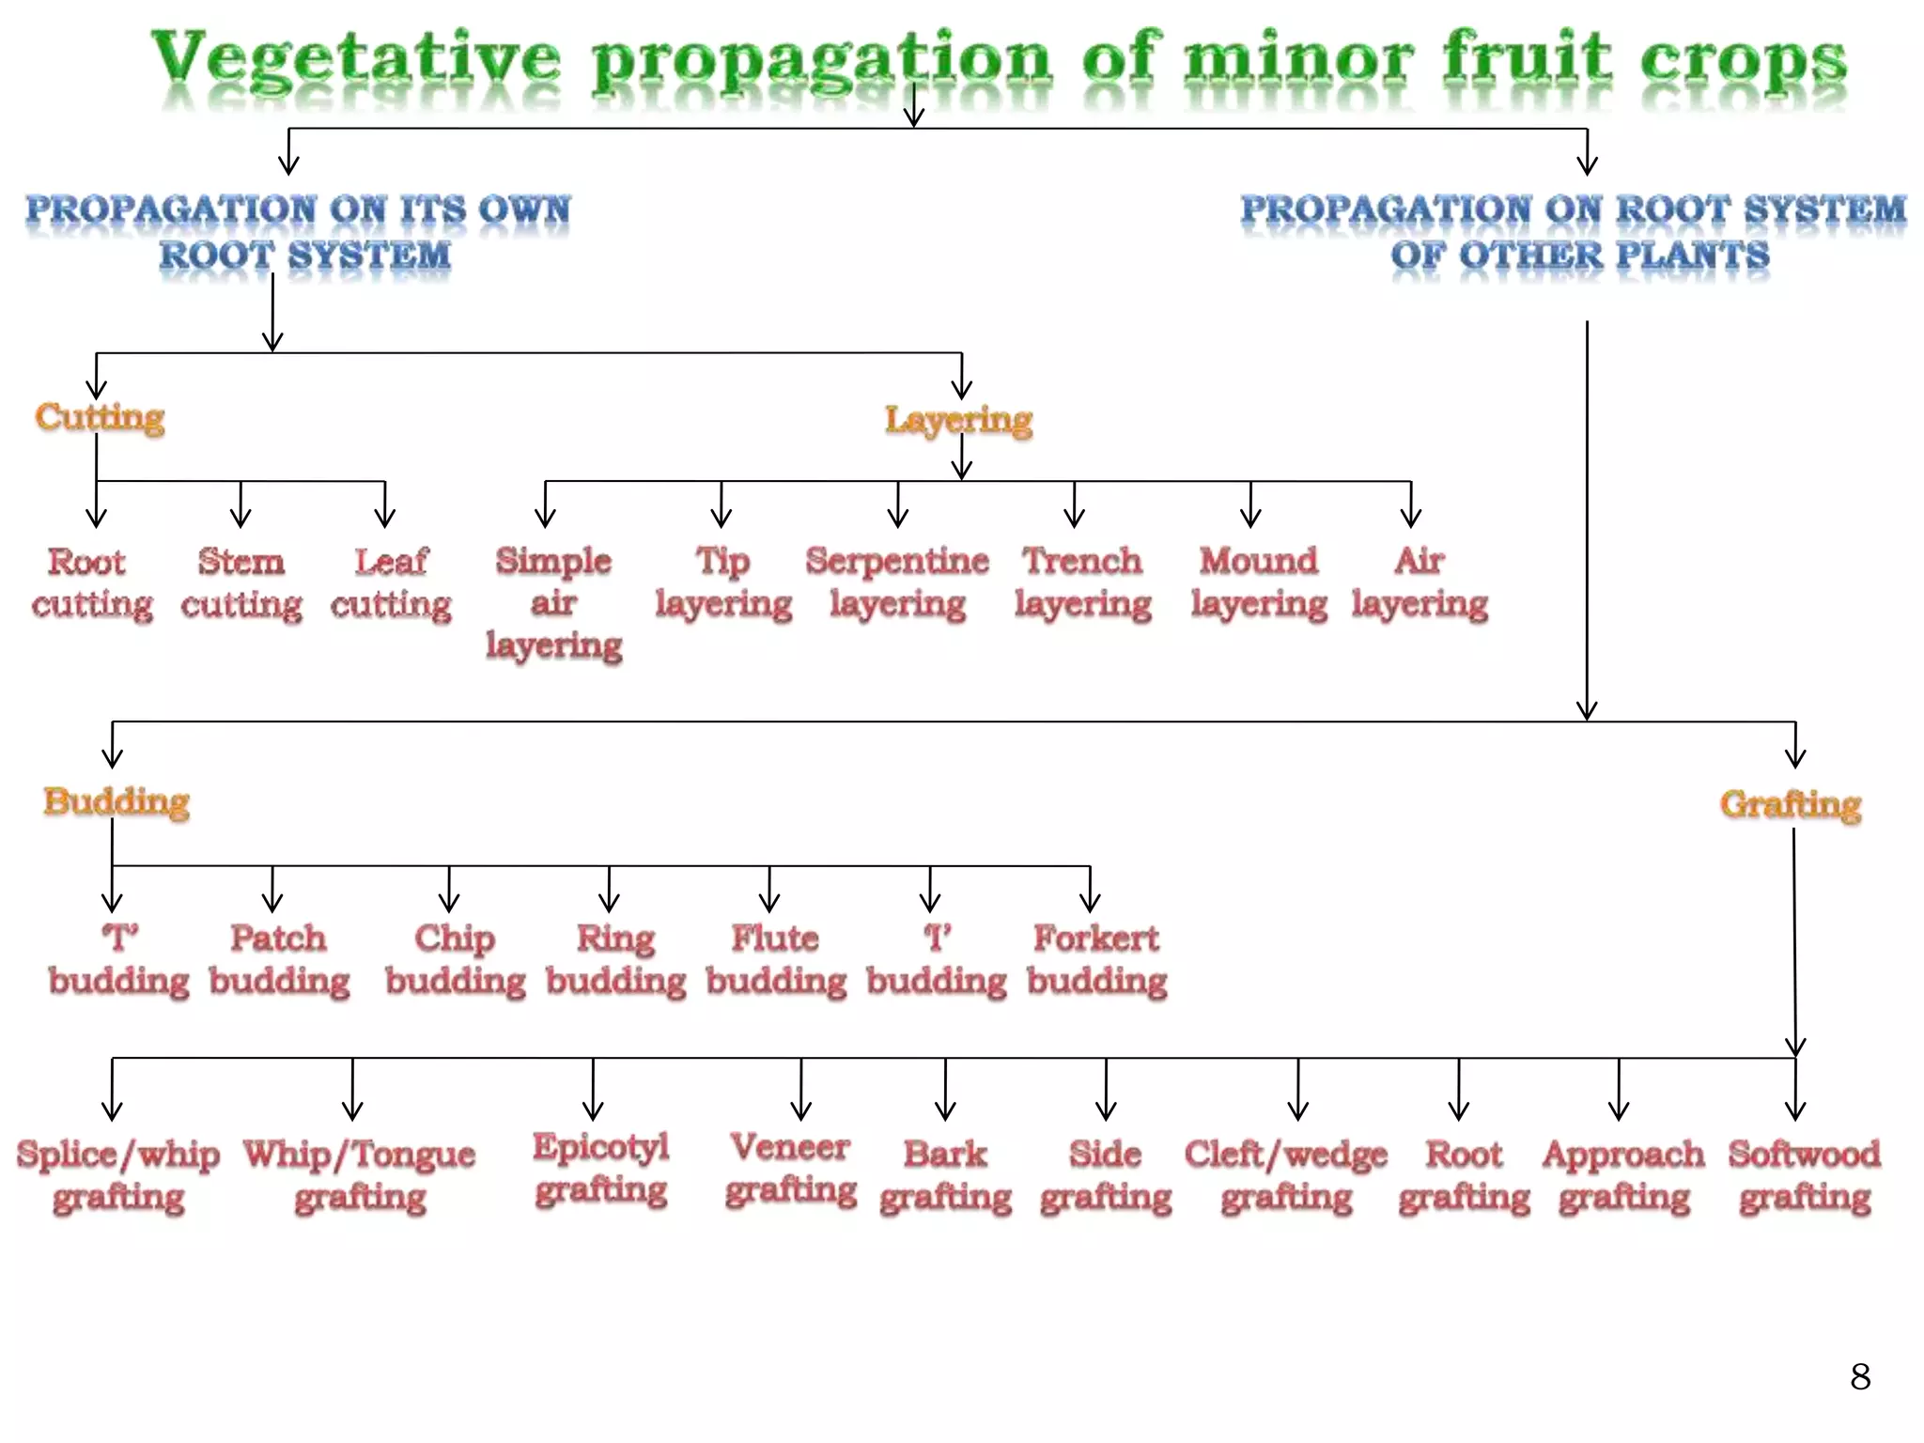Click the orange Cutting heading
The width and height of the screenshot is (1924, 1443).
[x=100, y=416]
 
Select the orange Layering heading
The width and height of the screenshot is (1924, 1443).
[x=958, y=419]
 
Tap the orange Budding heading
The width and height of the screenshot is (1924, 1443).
[x=116, y=801]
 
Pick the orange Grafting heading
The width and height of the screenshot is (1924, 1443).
[x=1791, y=804]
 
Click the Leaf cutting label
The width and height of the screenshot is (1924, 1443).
[x=391, y=582]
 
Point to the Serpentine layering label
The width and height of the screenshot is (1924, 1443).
[x=897, y=582]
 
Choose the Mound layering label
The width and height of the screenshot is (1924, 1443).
[x=1259, y=582]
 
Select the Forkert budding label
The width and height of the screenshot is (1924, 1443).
[x=1096, y=959]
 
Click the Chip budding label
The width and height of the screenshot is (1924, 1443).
[x=456, y=959]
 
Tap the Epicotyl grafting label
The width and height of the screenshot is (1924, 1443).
[x=601, y=1168]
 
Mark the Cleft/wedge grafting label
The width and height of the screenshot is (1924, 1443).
[x=1286, y=1175]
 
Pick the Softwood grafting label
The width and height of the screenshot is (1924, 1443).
[x=1805, y=1175]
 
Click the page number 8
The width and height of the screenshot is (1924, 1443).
[x=1860, y=1377]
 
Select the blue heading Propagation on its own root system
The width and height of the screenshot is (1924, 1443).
[x=299, y=232]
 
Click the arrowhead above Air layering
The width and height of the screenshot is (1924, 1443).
[x=1411, y=517]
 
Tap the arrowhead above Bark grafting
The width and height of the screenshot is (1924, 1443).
[x=946, y=1110]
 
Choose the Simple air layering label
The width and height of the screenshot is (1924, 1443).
[x=554, y=602]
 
